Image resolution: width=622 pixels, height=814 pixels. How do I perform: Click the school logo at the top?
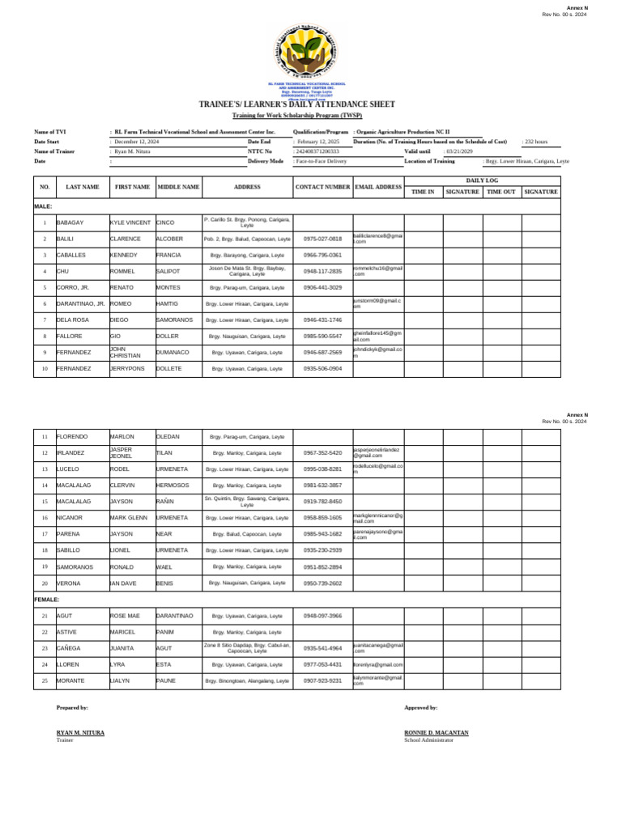click(x=310, y=53)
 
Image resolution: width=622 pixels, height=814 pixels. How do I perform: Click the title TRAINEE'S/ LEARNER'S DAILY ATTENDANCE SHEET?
click(x=310, y=104)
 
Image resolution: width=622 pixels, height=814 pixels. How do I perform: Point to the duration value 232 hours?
click(x=536, y=142)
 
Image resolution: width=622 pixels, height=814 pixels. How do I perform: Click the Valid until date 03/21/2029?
click(x=460, y=151)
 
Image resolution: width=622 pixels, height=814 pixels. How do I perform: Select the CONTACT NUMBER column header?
click(x=322, y=187)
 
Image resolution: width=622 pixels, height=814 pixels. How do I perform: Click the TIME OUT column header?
click(x=501, y=192)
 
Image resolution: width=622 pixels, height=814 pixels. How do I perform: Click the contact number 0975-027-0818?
click(x=322, y=240)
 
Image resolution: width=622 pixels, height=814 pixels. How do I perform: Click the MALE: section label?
click(x=44, y=206)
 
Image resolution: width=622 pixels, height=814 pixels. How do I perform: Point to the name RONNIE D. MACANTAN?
click(x=436, y=732)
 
